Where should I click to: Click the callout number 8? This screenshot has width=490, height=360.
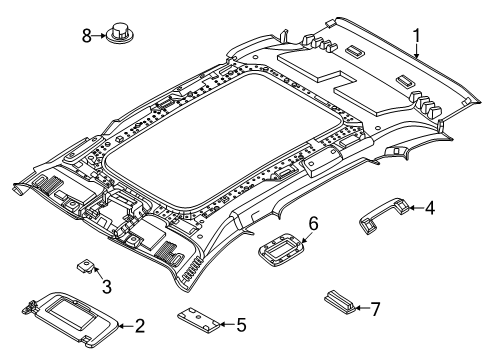[86, 36]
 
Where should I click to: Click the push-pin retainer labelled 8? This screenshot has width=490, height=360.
[123, 35]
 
